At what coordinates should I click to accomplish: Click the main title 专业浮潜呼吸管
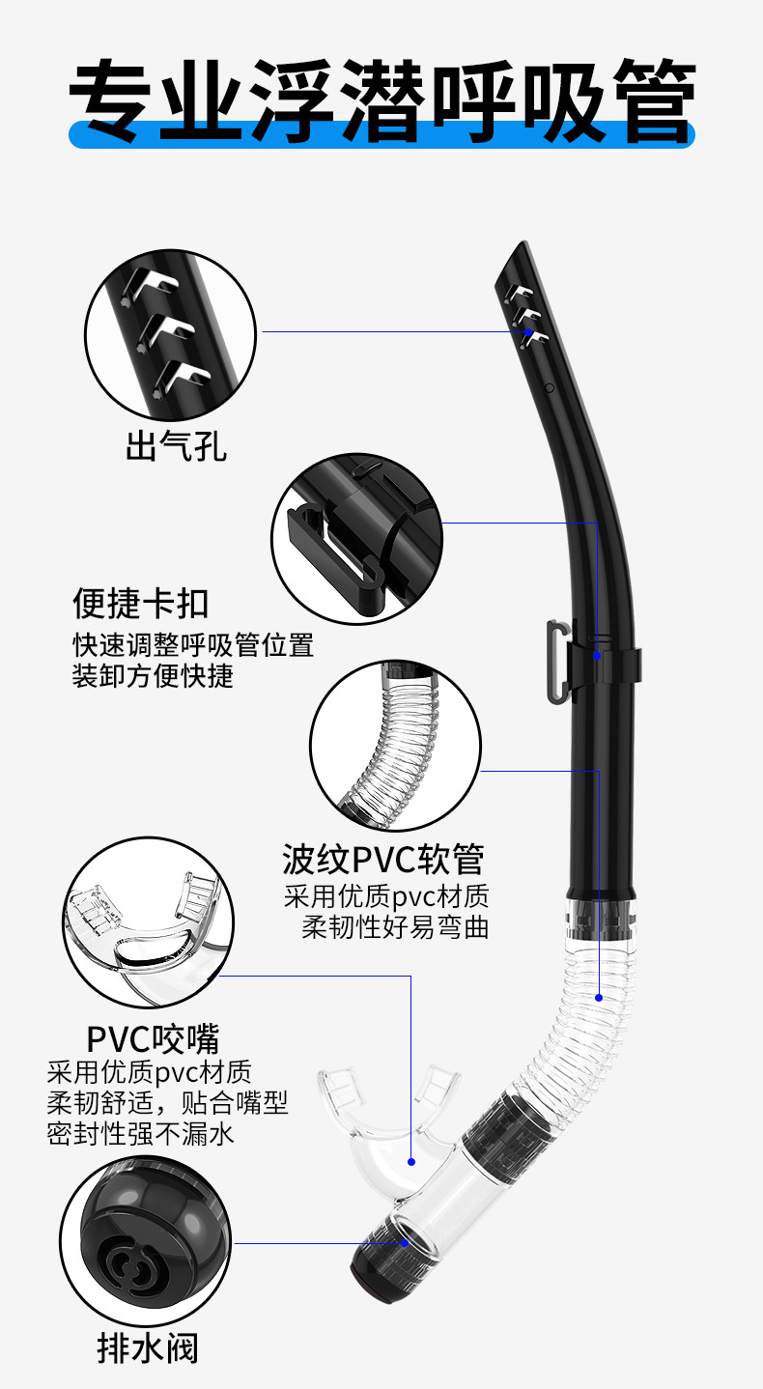(381, 99)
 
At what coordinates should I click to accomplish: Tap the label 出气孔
(177, 447)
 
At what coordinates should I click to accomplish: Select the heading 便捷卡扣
(141, 604)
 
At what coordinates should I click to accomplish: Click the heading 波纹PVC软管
(383, 858)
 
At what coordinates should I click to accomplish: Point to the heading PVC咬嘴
(153, 1038)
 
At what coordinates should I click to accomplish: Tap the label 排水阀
(148, 1347)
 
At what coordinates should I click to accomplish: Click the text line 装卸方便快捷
(154, 675)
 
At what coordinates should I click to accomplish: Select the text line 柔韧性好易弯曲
(395, 927)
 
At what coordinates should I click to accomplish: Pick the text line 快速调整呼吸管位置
(194, 644)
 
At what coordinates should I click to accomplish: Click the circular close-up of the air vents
(172, 331)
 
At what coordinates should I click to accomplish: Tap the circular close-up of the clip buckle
(356, 539)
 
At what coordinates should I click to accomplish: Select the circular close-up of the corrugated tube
(409, 746)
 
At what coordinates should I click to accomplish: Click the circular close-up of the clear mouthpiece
(149, 922)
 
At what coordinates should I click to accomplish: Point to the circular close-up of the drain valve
(147, 1243)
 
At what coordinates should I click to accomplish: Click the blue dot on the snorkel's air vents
(529, 331)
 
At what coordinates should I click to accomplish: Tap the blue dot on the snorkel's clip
(598, 656)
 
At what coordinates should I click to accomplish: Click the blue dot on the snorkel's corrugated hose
(598, 997)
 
